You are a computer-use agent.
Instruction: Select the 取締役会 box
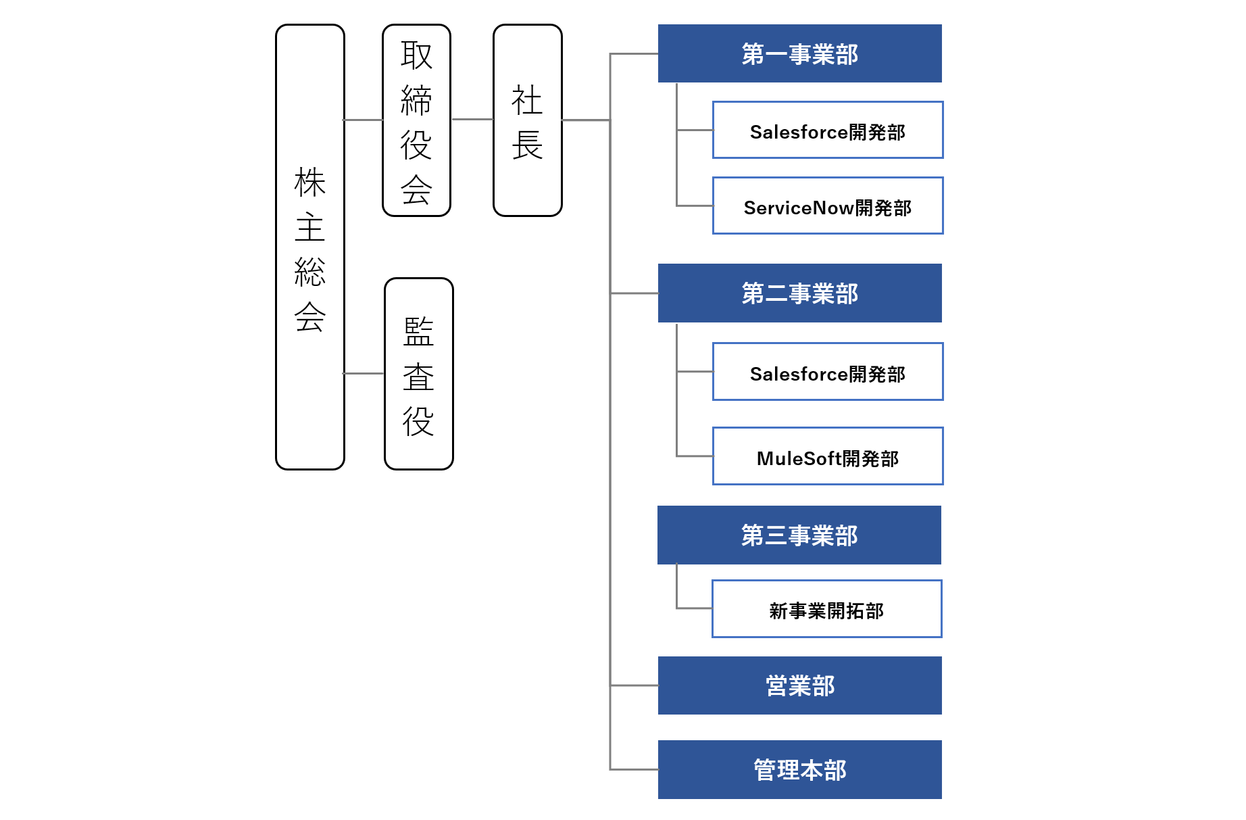(416, 120)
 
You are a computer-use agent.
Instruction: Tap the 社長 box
(528, 120)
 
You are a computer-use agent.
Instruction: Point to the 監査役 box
(419, 374)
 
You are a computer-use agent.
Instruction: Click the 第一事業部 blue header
(800, 53)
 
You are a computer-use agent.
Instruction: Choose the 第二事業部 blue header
(800, 293)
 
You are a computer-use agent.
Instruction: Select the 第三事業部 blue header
(799, 535)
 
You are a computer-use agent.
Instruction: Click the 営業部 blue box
(800, 685)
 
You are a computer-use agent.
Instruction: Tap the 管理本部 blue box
(800, 769)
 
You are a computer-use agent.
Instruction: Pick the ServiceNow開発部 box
(828, 206)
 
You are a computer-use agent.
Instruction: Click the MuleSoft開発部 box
(828, 456)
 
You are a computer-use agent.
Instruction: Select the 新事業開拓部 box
(826, 608)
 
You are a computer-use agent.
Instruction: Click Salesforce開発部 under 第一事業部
(828, 130)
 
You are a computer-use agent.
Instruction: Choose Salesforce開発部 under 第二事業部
(828, 372)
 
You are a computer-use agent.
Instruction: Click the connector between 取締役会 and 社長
(472, 120)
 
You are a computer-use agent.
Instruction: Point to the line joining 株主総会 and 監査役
(364, 373)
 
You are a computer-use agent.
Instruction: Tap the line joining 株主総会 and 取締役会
(364, 120)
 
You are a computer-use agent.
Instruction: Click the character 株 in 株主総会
(310, 183)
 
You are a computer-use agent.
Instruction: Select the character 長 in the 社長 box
(528, 145)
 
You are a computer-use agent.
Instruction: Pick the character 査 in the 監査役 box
(419, 377)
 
